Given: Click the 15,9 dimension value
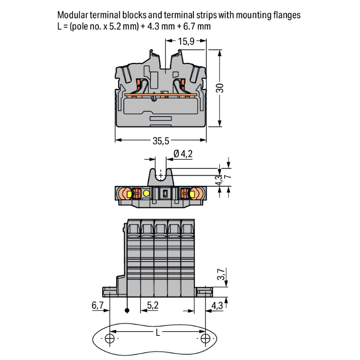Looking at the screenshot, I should (x=186, y=42).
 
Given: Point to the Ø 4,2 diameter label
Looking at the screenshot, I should (x=183, y=154).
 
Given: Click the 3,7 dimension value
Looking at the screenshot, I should (x=220, y=276).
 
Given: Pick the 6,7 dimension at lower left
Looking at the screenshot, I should (x=98, y=306).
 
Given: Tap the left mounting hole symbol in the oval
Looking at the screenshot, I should (x=110, y=339).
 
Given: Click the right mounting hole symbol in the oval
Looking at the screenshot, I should (x=205, y=339).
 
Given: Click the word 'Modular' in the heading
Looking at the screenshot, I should (x=72, y=15).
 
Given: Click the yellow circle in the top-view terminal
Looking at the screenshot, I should (x=146, y=194).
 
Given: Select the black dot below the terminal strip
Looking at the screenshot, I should (x=127, y=311).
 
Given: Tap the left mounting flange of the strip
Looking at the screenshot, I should (x=109, y=291).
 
